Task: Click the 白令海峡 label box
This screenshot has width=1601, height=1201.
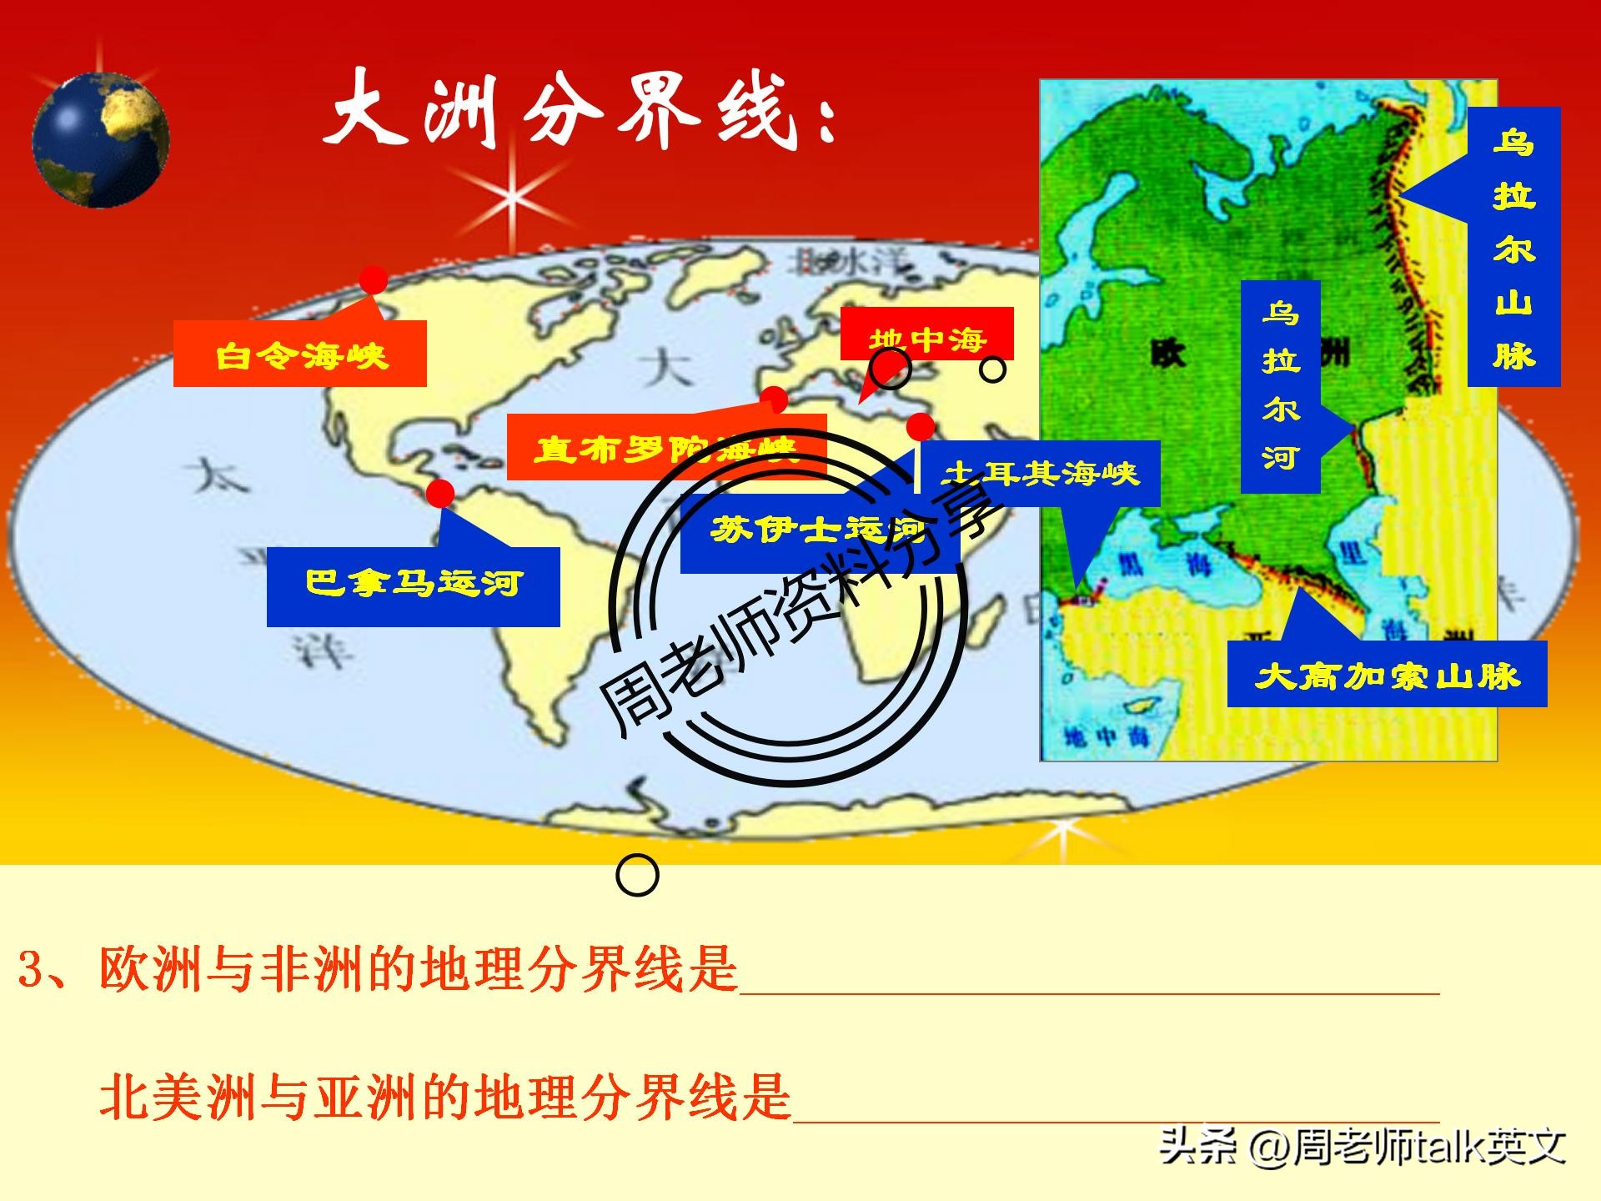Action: point(300,354)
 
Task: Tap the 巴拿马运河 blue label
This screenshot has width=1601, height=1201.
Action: point(413,586)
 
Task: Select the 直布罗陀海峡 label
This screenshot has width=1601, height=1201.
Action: point(665,449)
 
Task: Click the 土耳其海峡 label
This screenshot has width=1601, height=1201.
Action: point(1039,474)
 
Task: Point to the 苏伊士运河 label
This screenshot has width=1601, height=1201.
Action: point(819,530)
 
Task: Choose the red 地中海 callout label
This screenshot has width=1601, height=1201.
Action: point(926,335)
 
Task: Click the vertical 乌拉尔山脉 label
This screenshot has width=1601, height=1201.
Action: point(1513,247)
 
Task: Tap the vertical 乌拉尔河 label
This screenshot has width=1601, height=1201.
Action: point(1280,386)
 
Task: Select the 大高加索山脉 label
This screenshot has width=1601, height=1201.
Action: point(1387,674)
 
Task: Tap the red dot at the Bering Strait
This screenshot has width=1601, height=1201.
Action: point(373,280)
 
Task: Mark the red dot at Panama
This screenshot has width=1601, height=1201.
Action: point(439,493)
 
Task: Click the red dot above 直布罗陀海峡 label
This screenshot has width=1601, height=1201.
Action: point(774,399)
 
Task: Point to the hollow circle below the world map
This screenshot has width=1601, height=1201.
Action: point(637,875)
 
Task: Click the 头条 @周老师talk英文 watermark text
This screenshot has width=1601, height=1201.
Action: point(1363,1147)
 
